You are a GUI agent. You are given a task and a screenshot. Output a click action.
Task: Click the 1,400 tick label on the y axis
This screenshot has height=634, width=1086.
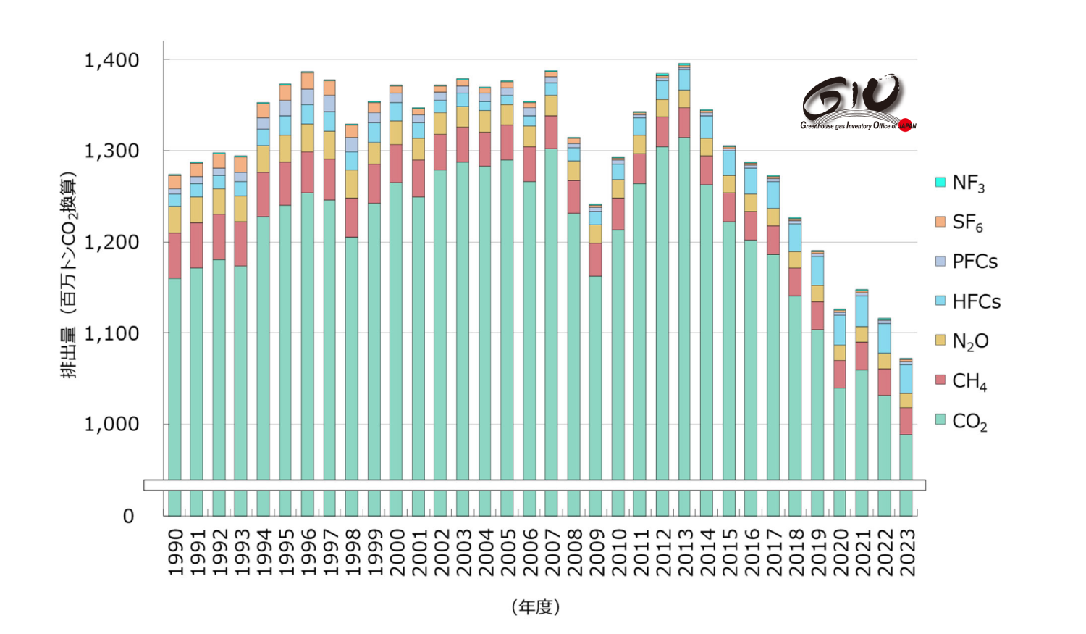click(x=111, y=60)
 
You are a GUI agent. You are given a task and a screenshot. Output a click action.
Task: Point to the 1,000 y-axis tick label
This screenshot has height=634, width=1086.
click(x=111, y=424)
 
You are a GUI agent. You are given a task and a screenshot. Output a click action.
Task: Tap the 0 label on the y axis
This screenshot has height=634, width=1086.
click(x=128, y=516)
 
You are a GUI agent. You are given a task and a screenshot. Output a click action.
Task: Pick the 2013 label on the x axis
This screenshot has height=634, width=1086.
click(x=685, y=552)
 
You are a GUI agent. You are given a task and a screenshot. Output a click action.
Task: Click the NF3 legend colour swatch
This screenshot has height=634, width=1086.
click(x=940, y=182)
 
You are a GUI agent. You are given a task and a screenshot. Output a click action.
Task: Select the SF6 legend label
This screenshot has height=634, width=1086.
click(x=968, y=222)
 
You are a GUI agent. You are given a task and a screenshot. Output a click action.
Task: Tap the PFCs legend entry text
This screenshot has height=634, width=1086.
click(x=975, y=262)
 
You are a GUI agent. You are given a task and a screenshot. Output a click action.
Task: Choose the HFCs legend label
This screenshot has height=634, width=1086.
click(x=976, y=301)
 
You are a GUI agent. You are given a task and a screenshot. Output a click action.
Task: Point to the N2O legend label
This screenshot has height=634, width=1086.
click(x=970, y=341)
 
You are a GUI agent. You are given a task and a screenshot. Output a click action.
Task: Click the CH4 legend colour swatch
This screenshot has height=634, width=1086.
click(x=940, y=380)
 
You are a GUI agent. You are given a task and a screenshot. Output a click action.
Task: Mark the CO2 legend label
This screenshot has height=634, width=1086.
click(x=969, y=421)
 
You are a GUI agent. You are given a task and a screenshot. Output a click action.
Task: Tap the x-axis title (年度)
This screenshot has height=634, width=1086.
click(x=536, y=607)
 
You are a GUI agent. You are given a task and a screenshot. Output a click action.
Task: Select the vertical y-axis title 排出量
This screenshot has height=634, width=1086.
click(x=68, y=275)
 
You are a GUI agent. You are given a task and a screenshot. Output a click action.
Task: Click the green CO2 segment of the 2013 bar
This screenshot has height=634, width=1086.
click(x=684, y=304)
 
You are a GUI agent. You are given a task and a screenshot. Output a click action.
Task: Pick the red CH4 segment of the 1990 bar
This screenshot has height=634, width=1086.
click(x=174, y=255)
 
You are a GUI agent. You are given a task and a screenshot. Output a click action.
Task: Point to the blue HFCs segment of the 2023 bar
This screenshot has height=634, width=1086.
click(x=906, y=378)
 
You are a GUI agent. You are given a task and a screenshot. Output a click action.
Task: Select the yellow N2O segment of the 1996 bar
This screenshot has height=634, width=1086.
click(x=308, y=138)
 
